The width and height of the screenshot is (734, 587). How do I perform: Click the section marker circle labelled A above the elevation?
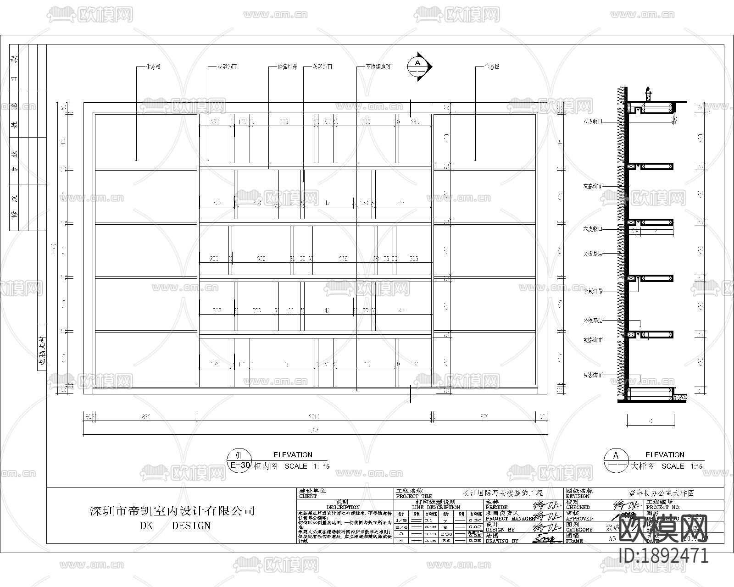tap(417, 67)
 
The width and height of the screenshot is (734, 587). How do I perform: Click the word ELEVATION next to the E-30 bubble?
tap(293, 455)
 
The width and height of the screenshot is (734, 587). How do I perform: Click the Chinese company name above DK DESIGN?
tap(172, 511)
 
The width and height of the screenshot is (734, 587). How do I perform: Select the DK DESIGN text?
tap(175, 526)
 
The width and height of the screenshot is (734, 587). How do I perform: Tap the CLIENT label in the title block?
tap(308, 496)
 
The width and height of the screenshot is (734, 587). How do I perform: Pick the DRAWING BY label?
tap(502, 541)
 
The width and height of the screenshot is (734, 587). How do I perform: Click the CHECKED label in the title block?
tap(578, 507)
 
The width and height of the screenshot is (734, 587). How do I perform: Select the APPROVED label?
tap(579, 519)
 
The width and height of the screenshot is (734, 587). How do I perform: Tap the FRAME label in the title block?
tap(574, 541)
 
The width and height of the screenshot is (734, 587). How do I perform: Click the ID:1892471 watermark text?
tap(663, 556)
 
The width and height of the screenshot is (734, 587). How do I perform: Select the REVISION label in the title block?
tap(578, 496)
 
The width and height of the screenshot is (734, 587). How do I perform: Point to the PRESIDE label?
tap(496, 507)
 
